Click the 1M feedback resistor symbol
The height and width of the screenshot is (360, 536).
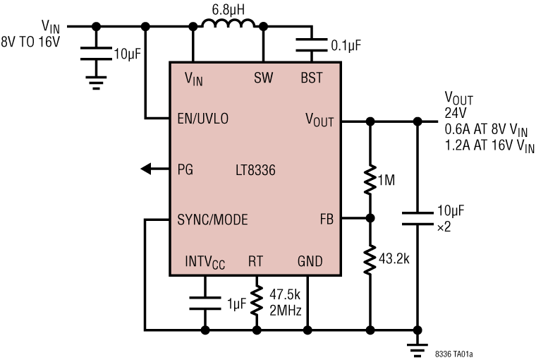pos(369,180)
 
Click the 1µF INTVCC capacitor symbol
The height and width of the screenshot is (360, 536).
pos(206,302)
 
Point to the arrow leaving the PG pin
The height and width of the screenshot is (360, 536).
pos(150,169)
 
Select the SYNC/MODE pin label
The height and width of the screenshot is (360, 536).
pos(212,220)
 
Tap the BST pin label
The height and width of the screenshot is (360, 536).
pos(311,78)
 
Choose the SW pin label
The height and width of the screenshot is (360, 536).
pos(262,78)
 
